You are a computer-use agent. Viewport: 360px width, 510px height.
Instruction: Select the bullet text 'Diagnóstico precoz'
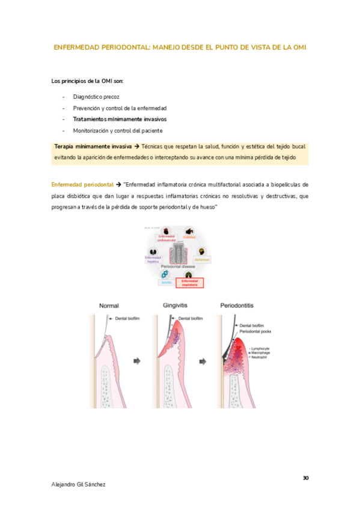pos(96,96)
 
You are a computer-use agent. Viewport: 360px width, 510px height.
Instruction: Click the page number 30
pos(305,478)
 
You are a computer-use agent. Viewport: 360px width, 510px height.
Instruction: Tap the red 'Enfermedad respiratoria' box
pos(189,283)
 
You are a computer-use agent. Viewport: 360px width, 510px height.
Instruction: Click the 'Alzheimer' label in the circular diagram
pos(203,260)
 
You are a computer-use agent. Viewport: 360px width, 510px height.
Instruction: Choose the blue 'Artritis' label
pos(166,282)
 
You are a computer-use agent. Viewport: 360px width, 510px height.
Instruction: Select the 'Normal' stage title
pos(109,305)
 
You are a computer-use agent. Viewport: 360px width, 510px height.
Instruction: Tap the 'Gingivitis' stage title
pos(175,305)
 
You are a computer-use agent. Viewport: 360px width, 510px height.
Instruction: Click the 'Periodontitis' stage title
pos(239,305)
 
